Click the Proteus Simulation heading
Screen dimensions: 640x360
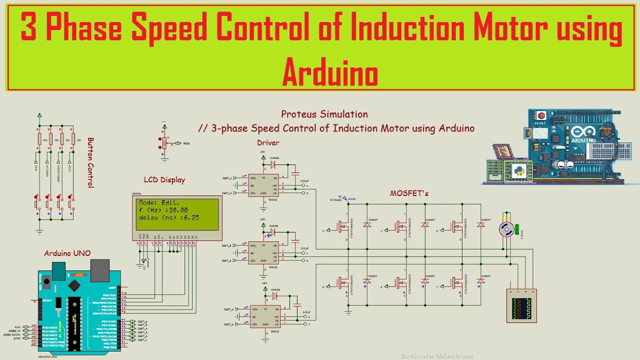(324, 114)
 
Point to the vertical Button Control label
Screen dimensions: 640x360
(90, 162)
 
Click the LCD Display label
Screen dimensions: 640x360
(164, 180)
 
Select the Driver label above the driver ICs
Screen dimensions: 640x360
(268, 143)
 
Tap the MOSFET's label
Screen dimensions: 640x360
(409, 193)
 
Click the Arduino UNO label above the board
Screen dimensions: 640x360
(67, 253)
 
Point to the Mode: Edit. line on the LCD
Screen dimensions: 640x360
(159, 203)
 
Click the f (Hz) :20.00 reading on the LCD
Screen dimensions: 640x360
(163, 210)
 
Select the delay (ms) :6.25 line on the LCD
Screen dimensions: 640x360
(169, 217)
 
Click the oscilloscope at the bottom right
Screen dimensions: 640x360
(521, 306)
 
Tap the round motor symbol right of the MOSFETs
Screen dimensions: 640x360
(506, 229)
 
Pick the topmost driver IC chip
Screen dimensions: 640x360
(263, 185)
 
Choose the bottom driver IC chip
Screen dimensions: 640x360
(265, 317)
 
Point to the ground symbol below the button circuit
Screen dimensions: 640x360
(39, 231)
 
